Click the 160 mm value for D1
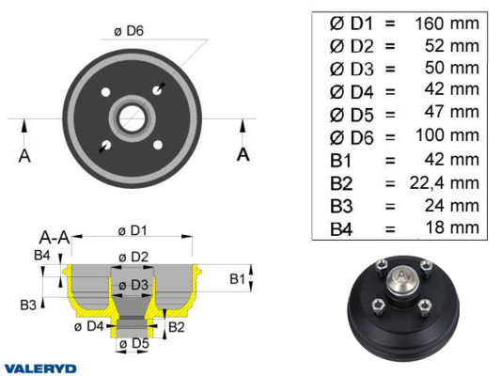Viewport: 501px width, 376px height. (x=447, y=23)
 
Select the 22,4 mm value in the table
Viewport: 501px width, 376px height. (x=445, y=183)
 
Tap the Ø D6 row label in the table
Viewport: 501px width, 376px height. (x=352, y=137)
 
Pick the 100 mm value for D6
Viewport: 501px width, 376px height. (x=447, y=135)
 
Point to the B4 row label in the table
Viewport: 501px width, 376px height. (x=341, y=229)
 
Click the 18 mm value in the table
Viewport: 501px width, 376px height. (x=452, y=227)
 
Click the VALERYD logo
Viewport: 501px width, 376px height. (x=40, y=368)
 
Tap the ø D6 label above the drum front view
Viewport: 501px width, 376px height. (x=129, y=31)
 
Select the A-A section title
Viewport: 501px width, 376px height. (x=55, y=238)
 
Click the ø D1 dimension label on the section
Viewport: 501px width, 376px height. (x=133, y=230)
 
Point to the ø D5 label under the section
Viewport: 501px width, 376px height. (x=133, y=344)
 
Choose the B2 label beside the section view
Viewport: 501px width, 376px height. (x=177, y=327)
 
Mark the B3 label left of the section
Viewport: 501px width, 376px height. (x=28, y=305)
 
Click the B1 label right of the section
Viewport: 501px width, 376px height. (x=238, y=279)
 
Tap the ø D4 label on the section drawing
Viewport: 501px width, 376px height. (x=88, y=326)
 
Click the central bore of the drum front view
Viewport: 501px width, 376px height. (x=132, y=118)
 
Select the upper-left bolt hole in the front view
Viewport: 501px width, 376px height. (x=105, y=92)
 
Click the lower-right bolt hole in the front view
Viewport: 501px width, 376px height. (x=158, y=145)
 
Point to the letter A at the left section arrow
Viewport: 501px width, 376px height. (x=24, y=156)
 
